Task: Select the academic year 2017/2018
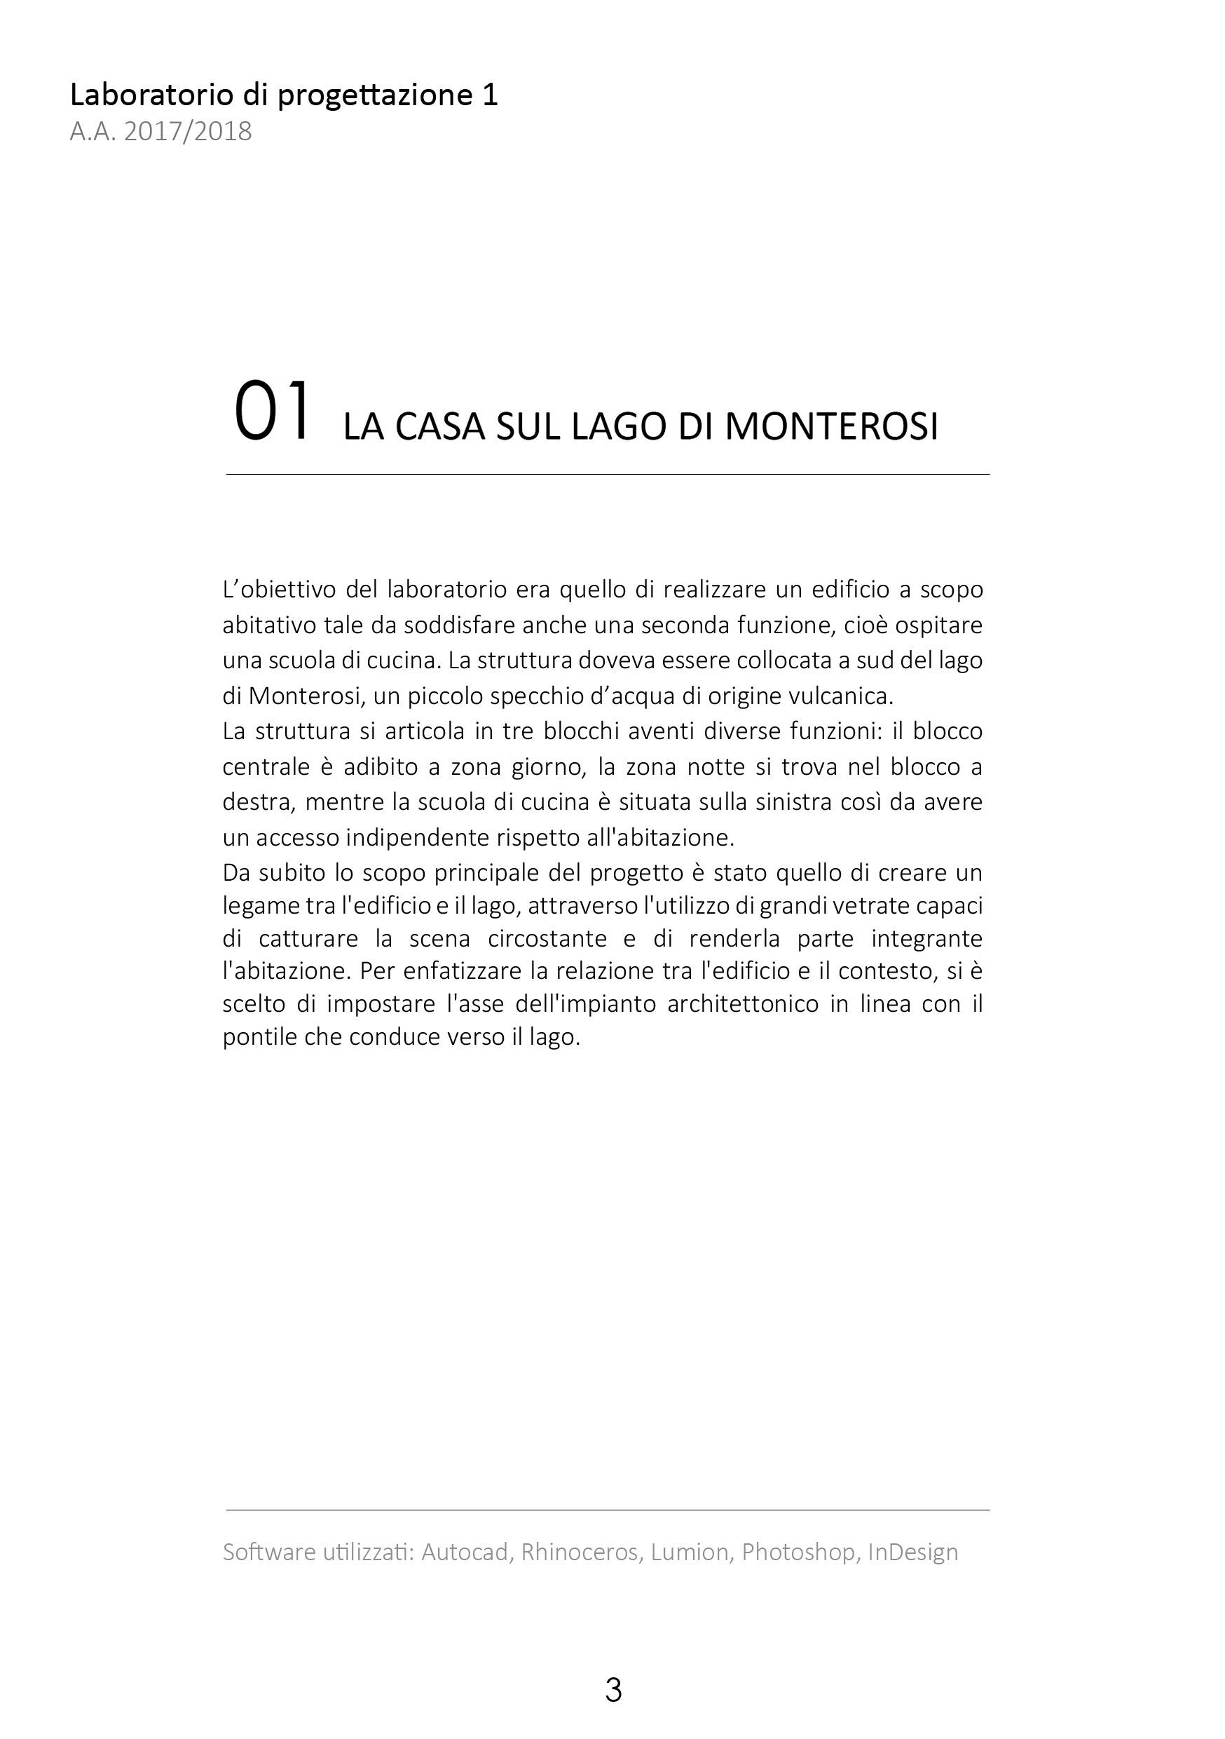tap(188, 132)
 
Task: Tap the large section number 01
tap(272, 413)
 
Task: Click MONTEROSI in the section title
tap(830, 426)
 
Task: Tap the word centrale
tap(267, 766)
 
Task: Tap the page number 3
tap(613, 1690)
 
